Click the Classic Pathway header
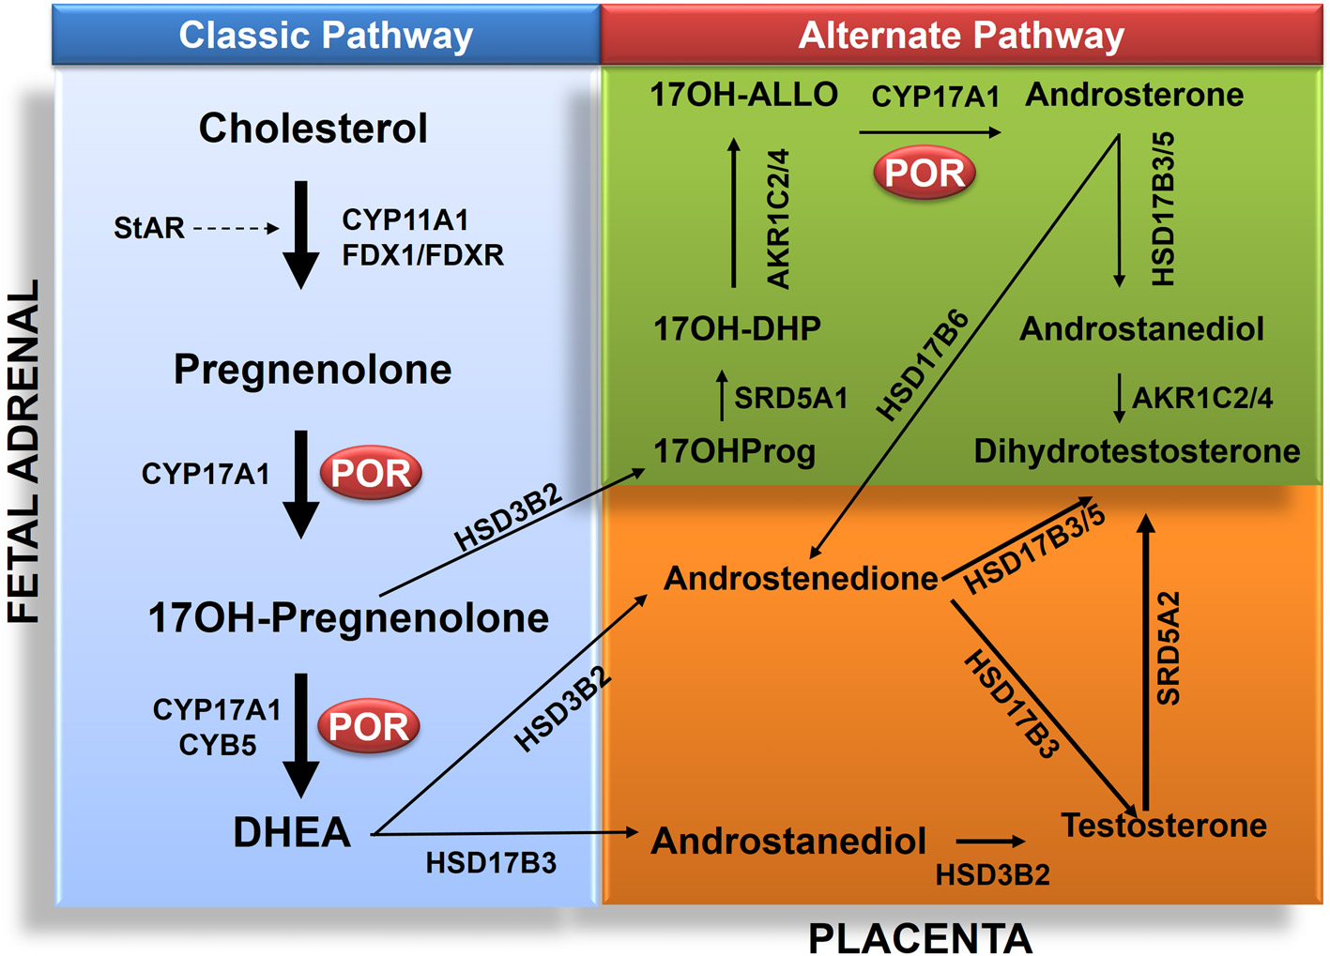coord(326,36)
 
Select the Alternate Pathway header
coord(960,36)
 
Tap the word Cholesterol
coord(313,129)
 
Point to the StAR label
coord(148,228)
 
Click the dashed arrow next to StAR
coord(236,228)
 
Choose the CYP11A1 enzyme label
coord(405,220)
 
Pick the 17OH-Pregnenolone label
coord(348,618)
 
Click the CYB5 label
coord(217,745)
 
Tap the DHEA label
coord(291,833)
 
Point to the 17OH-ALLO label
coord(743,95)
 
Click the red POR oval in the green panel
coord(925,173)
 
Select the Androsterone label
coord(1134,95)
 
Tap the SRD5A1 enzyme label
coord(790,398)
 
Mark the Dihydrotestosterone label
coord(1137,451)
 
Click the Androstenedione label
coord(801,579)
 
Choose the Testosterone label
coord(1163,826)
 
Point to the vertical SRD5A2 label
coord(1168,647)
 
